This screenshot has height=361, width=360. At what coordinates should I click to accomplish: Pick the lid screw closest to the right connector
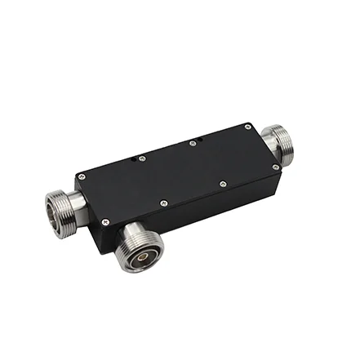(x=276, y=167)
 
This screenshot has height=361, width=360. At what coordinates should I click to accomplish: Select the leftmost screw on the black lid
(x=79, y=175)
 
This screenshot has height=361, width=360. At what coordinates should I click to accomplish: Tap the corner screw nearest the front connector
(x=104, y=221)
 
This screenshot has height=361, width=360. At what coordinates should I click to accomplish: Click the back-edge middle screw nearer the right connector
(x=193, y=144)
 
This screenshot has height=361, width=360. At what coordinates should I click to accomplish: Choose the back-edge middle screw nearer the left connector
(x=142, y=158)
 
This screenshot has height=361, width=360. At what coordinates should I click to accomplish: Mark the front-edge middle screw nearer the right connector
(x=222, y=184)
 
